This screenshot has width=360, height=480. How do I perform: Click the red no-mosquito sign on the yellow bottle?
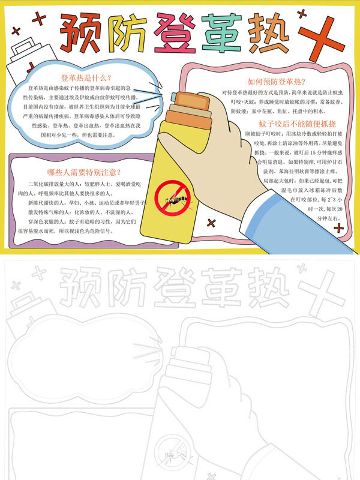172,199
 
